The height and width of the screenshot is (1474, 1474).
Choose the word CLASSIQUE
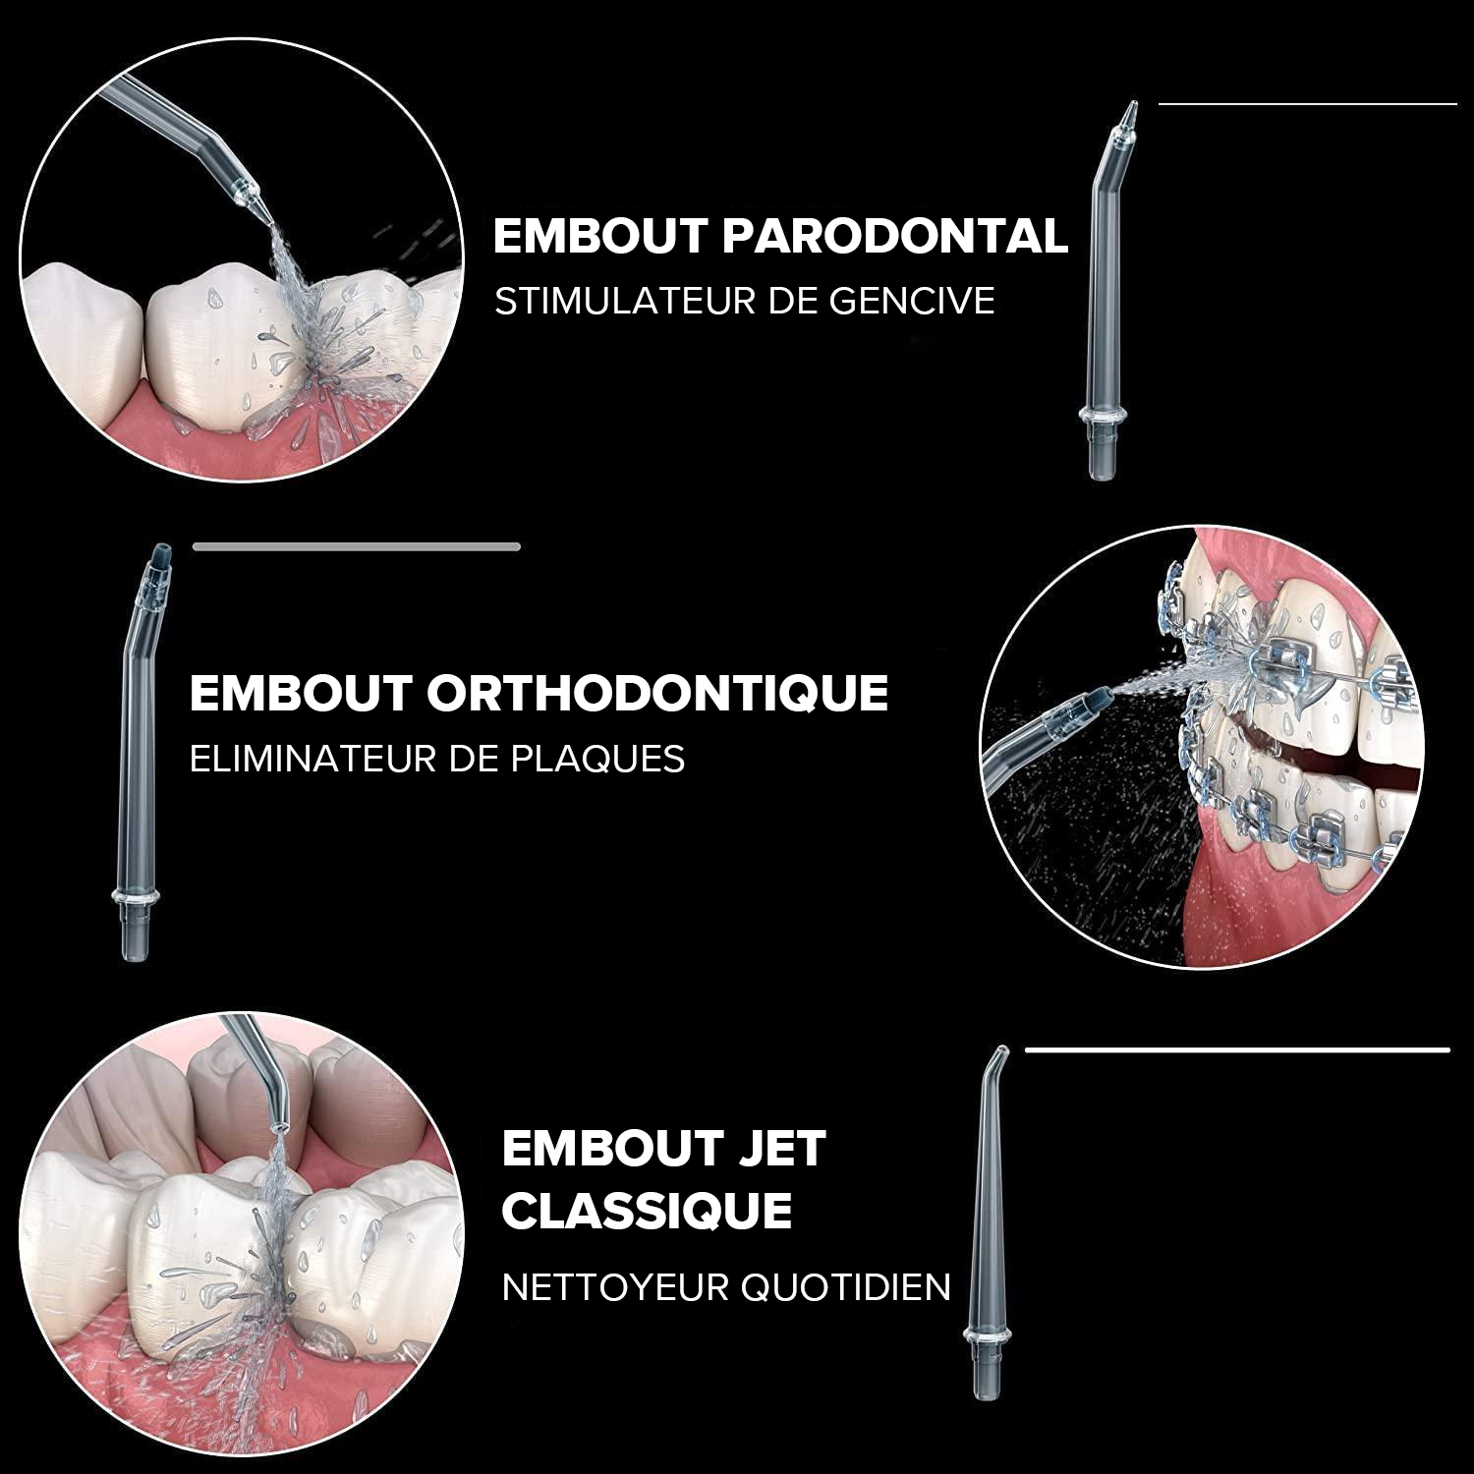[647, 1211]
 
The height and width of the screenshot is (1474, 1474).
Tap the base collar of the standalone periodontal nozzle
[1103, 419]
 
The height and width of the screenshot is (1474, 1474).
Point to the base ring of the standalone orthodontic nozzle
[136, 899]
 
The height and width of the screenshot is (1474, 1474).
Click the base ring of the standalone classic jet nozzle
[987, 1337]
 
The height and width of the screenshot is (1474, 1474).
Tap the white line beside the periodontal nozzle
[1307, 102]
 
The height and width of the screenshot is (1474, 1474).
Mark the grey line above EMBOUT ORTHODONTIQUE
[356, 546]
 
